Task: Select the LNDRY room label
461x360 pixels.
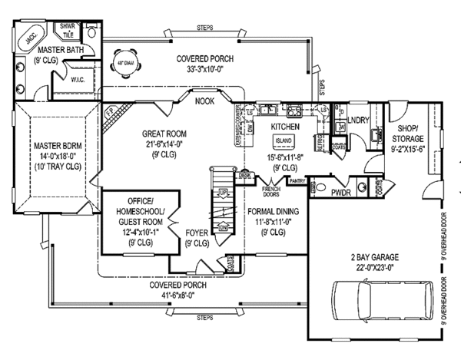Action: [358, 121]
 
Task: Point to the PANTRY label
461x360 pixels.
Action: [297, 181]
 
